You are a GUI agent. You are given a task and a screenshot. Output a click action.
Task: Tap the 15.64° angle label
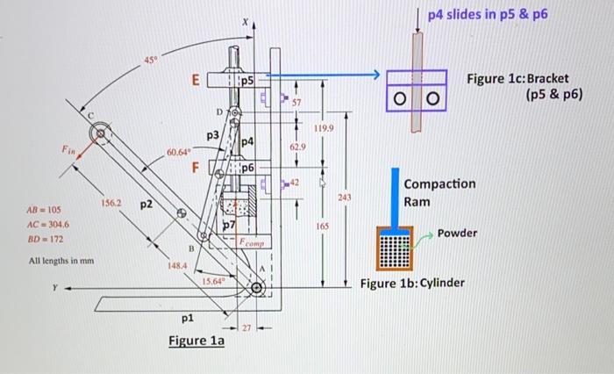point(214,281)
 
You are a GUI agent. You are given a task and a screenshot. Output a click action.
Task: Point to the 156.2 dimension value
point(112,201)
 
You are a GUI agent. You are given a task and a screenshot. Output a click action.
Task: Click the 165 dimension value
point(322,227)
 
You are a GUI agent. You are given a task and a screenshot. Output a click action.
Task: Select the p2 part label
point(146,204)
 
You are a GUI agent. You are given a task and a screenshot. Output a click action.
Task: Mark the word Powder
point(458,233)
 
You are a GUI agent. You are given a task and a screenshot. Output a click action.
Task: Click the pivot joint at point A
point(257,288)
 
